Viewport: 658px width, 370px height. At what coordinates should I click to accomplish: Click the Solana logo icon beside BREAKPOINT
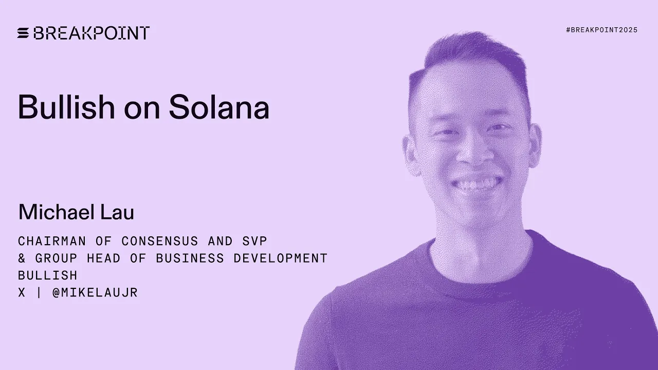(x=23, y=33)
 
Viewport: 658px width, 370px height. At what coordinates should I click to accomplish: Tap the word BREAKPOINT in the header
(x=92, y=33)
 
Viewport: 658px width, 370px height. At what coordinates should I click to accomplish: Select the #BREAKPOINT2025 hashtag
(x=601, y=30)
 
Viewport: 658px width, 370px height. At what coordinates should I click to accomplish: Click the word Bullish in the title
(x=66, y=107)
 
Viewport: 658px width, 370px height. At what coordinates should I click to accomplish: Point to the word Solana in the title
(x=219, y=107)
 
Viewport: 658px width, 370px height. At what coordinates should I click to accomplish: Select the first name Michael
(x=58, y=212)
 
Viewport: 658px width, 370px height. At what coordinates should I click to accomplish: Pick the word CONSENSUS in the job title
(x=160, y=241)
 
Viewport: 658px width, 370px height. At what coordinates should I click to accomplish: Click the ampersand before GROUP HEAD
(x=22, y=258)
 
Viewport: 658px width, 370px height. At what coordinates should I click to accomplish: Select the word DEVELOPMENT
(x=281, y=258)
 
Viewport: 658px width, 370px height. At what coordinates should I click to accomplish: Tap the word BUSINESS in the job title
(x=190, y=258)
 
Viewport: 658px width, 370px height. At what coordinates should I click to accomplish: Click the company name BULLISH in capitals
(x=48, y=275)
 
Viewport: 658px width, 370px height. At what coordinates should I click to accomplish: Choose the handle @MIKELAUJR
(x=95, y=292)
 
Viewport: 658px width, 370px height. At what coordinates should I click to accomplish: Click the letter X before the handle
(x=22, y=292)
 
